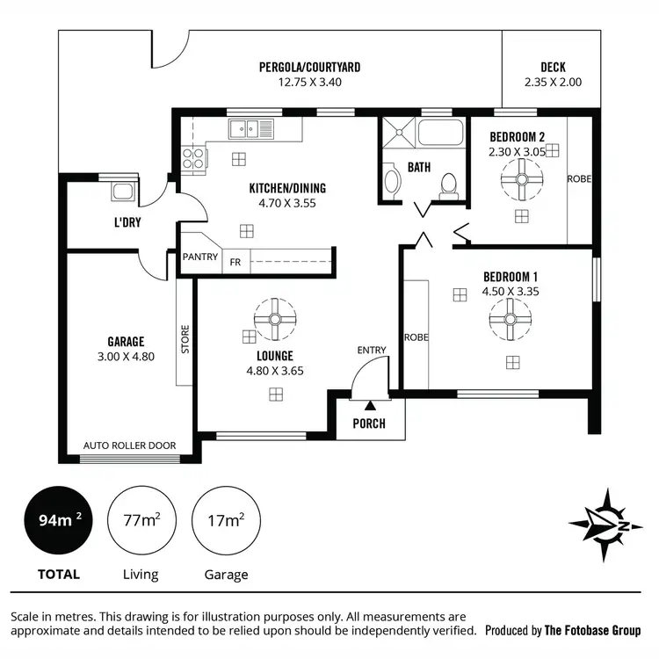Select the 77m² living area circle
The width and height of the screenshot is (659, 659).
tap(140, 521)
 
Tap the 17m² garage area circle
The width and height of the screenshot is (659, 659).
tap(225, 521)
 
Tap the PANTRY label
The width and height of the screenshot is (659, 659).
tap(200, 257)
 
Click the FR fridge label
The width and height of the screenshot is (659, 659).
tap(235, 262)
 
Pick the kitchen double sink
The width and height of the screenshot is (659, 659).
tap(251, 130)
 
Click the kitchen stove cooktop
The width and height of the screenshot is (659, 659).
tap(192, 159)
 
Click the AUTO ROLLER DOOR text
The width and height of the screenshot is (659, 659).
tap(129, 445)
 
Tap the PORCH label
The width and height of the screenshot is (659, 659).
tap(369, 424)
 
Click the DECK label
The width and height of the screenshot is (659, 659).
tap(553, 67)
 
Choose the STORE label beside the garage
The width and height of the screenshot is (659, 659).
tap(185, 339)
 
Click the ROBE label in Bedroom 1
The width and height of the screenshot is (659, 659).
tap(415, 337)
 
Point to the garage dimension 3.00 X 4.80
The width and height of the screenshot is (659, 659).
tap(126, 356)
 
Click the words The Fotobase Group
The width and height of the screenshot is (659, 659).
tap(593, 630)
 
